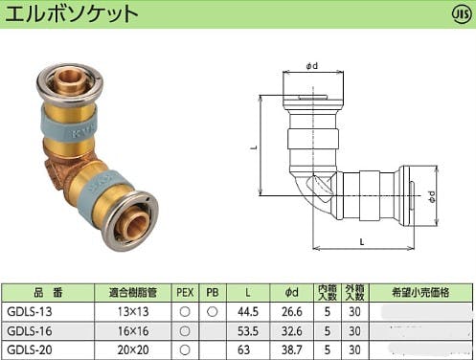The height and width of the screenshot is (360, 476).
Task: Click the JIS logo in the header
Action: [462, 14]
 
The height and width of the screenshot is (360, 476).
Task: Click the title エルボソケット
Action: [72, 14]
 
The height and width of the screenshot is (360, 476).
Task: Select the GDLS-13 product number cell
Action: [29, 311]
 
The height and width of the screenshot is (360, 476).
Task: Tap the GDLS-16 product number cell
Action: [29, 331]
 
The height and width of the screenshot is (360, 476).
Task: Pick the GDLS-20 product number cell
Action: [29, 349]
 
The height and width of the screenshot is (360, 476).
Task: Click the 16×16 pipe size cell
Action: [133, 331]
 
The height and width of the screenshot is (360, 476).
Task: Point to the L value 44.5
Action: [248, 311]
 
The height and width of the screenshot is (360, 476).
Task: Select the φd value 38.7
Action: [291, 349]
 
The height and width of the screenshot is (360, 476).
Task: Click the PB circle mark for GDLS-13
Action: [212, 311]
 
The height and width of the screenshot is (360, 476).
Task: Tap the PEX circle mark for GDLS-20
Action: [185, 349]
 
